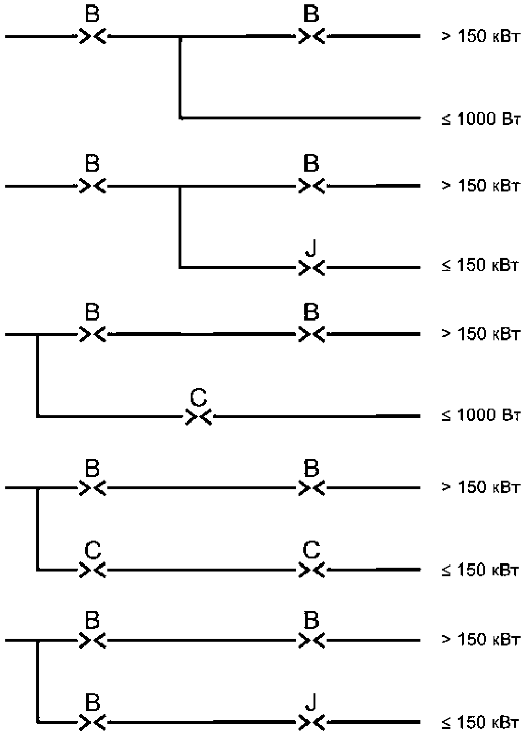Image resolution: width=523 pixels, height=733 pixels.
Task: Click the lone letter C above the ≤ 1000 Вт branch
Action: point(198,397)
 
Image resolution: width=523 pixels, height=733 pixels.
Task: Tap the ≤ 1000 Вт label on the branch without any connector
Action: point(480,119)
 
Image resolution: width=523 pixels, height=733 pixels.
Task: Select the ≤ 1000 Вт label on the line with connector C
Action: point(480,415)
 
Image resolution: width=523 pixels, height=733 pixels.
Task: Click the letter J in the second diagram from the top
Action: point(311,249)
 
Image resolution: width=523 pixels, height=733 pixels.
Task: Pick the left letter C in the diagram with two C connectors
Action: point(93,550)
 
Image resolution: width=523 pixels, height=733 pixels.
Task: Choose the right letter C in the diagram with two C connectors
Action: point(311,550)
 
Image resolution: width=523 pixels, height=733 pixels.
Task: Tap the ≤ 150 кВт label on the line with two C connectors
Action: point(479,570)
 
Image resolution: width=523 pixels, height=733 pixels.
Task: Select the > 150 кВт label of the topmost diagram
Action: point(480,36)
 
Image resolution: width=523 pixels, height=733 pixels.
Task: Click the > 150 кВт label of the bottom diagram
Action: point(480,639)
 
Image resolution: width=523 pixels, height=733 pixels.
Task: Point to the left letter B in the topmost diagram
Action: point(92,14)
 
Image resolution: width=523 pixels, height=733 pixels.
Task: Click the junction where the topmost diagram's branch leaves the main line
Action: point(180,37)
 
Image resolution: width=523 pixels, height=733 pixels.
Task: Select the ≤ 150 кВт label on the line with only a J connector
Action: point(479,265)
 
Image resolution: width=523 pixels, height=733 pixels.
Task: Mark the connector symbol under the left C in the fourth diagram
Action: point(93,570)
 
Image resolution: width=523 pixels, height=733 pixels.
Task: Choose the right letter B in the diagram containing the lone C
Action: point(311,312)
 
